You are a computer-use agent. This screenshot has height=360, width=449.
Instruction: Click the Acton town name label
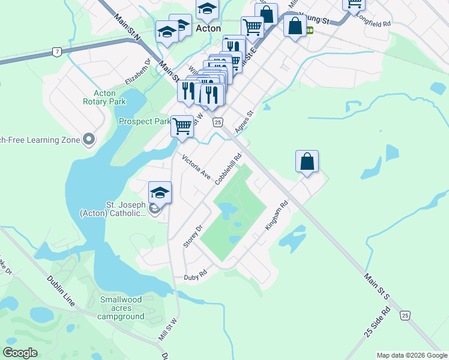click(208, 28)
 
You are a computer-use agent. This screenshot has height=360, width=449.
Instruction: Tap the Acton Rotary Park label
click(104, 97)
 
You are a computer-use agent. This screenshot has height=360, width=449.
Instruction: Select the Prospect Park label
click(144, 121)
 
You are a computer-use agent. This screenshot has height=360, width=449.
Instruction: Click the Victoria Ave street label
click(196, 167)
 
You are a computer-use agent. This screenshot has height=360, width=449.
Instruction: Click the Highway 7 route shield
click(56, 52)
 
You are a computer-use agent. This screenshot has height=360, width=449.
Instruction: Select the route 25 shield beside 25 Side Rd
click(406, 315)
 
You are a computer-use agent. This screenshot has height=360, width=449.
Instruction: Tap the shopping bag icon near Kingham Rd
click(307, 161)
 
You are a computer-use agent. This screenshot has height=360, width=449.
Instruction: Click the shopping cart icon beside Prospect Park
click(182, 127)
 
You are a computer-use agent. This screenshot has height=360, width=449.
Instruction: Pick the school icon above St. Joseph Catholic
click(160, 193)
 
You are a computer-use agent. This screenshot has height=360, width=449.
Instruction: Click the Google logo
click(20, 352)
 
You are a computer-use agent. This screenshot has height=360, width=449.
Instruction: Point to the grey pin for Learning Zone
click(89, 140)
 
